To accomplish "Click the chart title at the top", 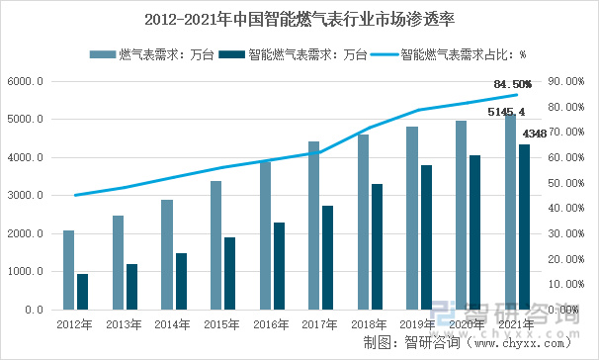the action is pyautogui.click(x=299, y=20).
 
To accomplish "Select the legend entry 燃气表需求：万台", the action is pyautogui.click(x=151, y=54).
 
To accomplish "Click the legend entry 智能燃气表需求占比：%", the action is pyautogui.click(x=448, y=54).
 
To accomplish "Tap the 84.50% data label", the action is pyautogui.click(x=512, y=84).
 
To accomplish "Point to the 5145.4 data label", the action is pyautogui.click(x=506, y=112).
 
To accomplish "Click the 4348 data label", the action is pyautogui.click(x=535, y=134).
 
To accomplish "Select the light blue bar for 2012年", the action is pyautogui.click(x=69, y=270).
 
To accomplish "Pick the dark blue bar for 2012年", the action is pyautogui.click(x=82, y=292).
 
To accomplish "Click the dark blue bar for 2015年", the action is pyautogui.click(x=229, y=273).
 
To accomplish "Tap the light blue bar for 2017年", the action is pyautogui.click(x=313, y=225).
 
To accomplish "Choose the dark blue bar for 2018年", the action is pyautogui.click(x=377, y=247).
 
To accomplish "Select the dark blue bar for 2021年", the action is pyautogui.click(x=525, y=227).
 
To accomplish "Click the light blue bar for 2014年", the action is pyautogui.click(x=167, y=254).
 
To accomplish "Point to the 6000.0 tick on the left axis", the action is pyautogui.click(x=26, y=81).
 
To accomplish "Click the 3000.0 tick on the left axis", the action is pyautogui.click(x=26, y=195).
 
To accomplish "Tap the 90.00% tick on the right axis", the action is pyautogui.click(x=566, y=81).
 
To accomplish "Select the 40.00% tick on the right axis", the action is pyautogui.click(x=566, y=209).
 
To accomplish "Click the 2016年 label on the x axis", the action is pyautogui.click(x=271, y=324).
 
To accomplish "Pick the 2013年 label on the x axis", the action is pyautogui.click(x=124, y=324).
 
